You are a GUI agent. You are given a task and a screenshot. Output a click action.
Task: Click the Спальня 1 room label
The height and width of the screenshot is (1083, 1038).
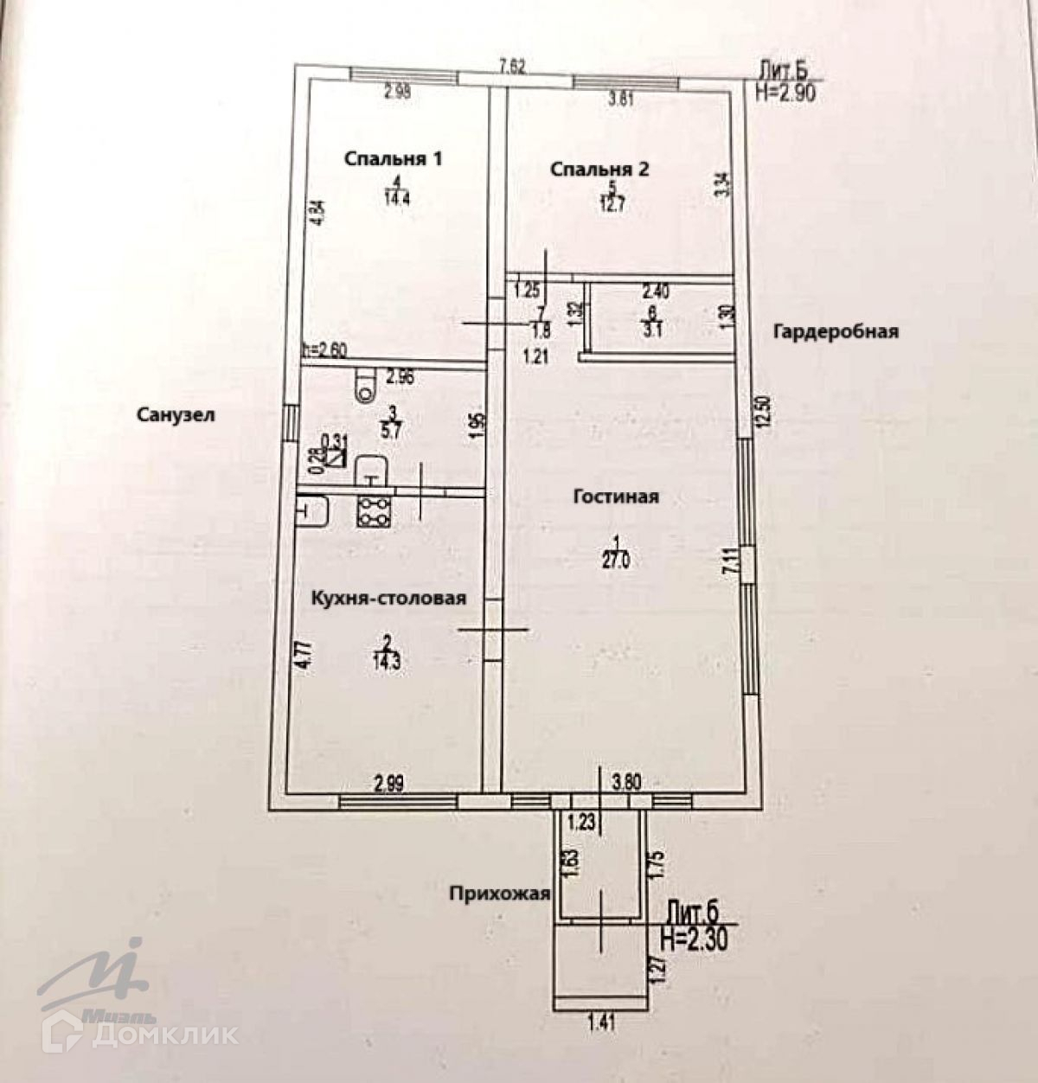(x=394, y=159)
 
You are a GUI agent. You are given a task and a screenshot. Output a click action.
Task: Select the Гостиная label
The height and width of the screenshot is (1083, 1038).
(x=616, y=497)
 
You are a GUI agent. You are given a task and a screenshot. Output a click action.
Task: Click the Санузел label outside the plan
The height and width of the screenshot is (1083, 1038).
(x=175, y=414)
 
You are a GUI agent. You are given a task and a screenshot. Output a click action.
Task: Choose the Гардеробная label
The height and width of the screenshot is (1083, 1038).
(x=836, y=331)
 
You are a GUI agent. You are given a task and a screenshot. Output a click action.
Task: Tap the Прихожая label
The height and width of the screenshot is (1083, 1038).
(x=499, y=894)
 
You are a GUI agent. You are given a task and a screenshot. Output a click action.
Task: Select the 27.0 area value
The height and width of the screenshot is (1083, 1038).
(x=615, y=560)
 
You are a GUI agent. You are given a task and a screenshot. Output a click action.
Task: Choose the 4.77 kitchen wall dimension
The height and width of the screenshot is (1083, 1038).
(x=300, y=654)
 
